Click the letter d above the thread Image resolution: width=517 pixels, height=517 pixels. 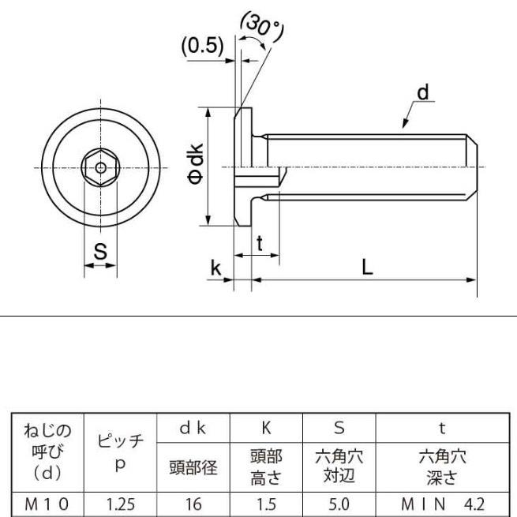tap(422, 93)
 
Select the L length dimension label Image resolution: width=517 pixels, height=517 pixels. tap(367, 267)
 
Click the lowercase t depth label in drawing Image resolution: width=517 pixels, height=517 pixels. tap(260, 244)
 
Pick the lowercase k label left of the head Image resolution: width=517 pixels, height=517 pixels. tap(215, 268)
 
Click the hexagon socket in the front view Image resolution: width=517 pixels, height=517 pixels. tap(100, 167)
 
